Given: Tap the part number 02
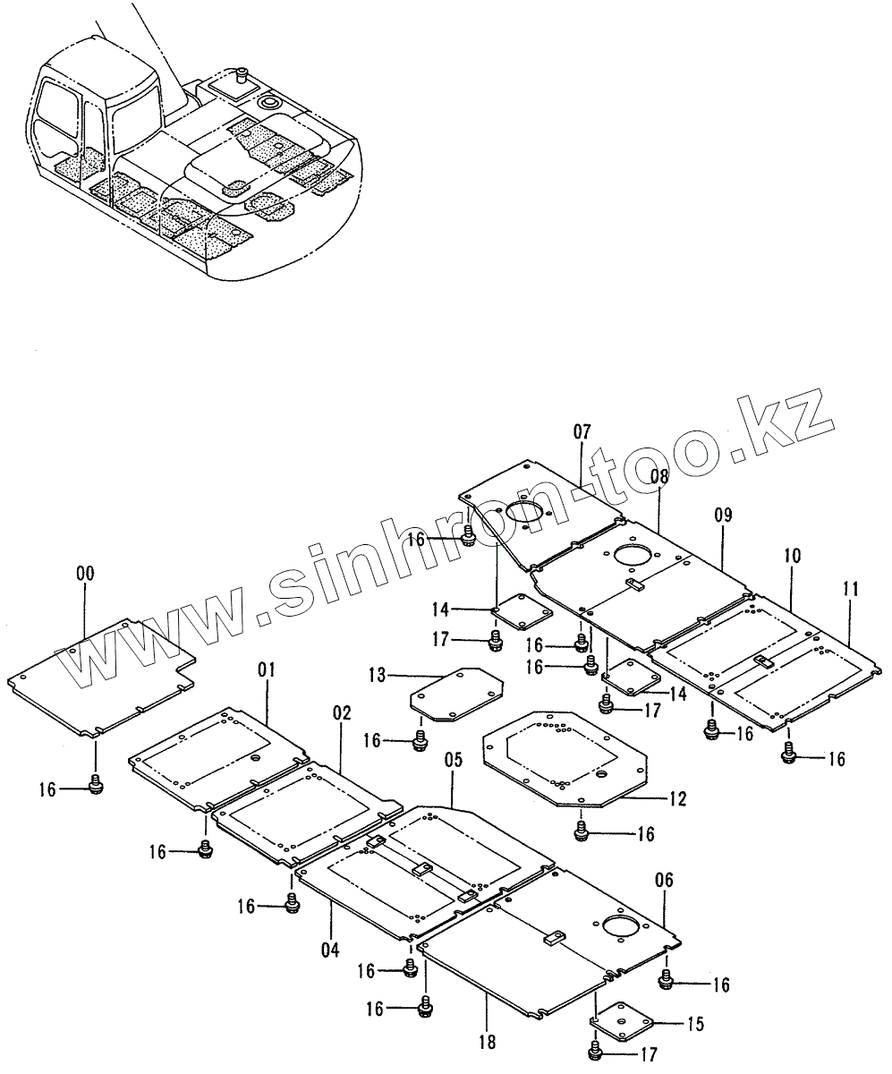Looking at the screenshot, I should pos(342,713).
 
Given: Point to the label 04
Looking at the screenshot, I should pos(330,950).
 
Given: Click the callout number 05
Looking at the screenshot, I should pos(453,761).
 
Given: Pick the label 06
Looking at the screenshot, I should pos(665,880).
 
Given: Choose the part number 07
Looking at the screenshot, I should pos(582,432).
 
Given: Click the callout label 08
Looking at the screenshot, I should pos(659,477).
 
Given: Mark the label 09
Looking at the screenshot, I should pos(723,515).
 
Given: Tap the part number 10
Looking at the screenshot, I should pos(792,556).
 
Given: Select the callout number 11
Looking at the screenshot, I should pos(850,589).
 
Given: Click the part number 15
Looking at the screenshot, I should pos(694,1022).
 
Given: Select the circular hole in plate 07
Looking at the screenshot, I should pos(526,513).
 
